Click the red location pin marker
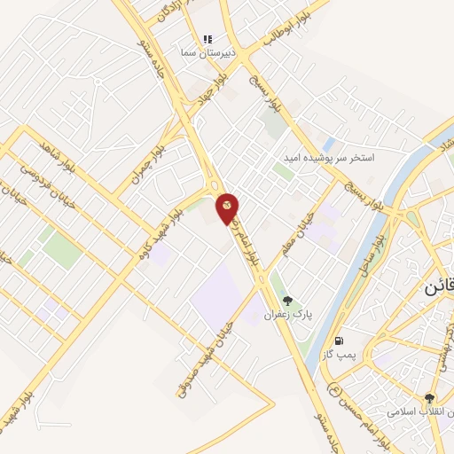227,207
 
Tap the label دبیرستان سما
207,53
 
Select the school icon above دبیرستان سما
207,39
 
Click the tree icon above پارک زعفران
287,301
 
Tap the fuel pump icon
338,340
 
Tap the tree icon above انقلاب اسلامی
430,399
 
